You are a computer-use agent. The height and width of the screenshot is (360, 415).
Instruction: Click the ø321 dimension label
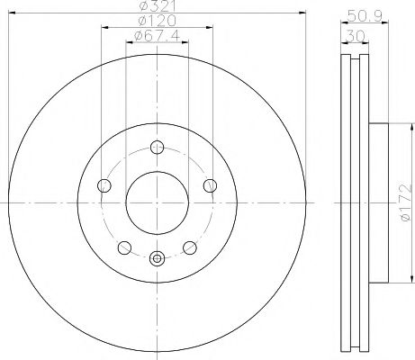click(x=158, y=5)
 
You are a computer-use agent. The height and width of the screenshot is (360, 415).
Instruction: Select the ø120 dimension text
click(x=157, y=21)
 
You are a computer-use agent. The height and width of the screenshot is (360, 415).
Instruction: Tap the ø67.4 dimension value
click(x=158, y=36)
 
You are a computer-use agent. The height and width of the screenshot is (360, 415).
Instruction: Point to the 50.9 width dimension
click(x=365, y=14)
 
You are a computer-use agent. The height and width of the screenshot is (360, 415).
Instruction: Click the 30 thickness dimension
click(x=355, y=36)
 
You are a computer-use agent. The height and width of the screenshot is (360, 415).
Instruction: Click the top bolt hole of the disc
click(x=157, y=148)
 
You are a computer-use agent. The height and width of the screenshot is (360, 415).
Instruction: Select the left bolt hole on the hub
click(x=104, y=185)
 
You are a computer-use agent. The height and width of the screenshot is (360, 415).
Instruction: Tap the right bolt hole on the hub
click(x=210, y=185)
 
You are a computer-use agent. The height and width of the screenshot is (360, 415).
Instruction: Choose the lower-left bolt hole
click(x=124, y=247)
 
